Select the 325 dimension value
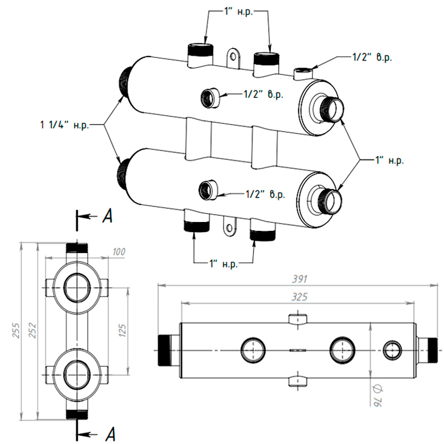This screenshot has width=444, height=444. [x=299, y=297]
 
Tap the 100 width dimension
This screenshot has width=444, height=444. [x=118, y=252]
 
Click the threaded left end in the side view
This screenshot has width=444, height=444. [x=167, y=350]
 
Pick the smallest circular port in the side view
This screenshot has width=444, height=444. [x=392, y=350]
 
